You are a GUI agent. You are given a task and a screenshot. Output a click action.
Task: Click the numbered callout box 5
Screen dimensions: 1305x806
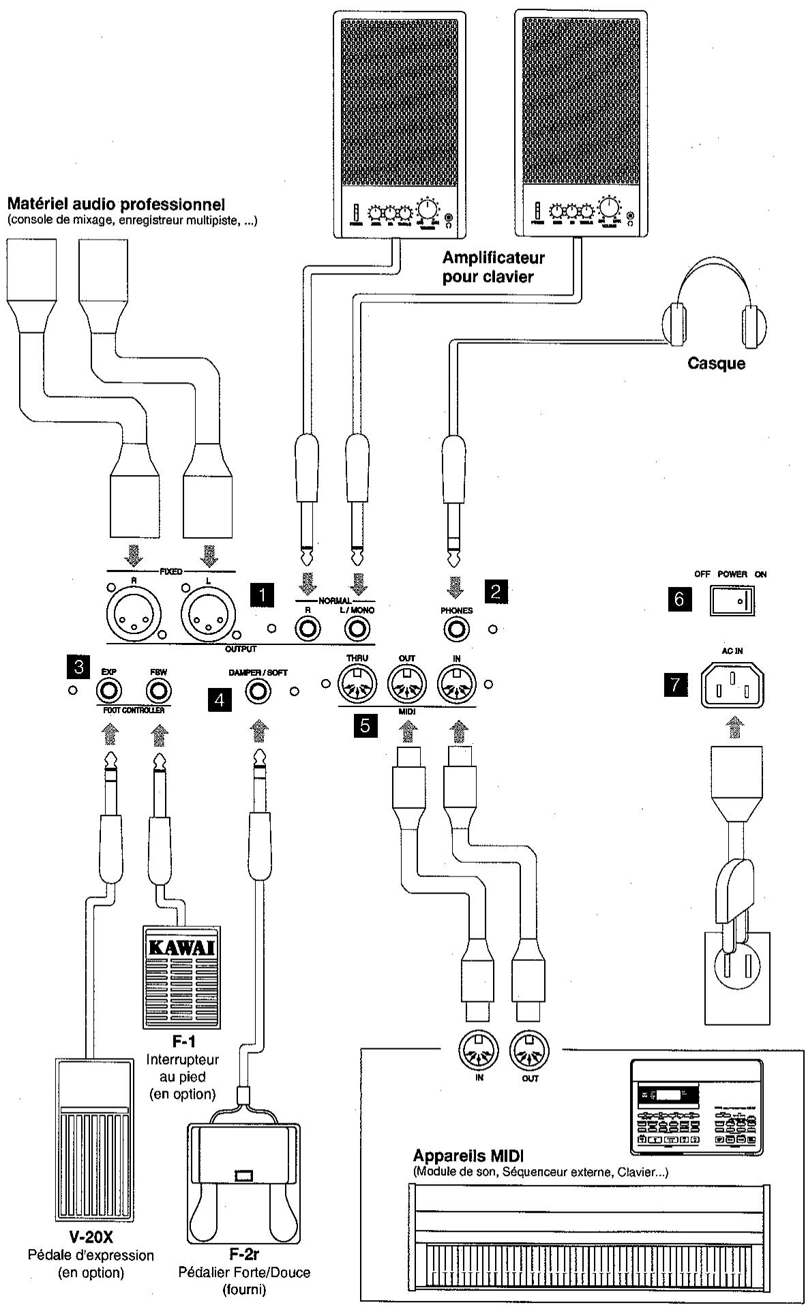pos(365,725)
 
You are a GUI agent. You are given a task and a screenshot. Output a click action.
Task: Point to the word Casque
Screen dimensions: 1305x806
pos(716,363)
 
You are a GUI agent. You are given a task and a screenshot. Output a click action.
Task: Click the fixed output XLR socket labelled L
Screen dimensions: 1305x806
pos(208,611)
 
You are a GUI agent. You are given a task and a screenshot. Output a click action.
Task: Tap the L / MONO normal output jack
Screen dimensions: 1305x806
pos(357,628)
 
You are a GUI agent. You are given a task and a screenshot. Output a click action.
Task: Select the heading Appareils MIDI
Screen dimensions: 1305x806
pos(468,1156)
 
